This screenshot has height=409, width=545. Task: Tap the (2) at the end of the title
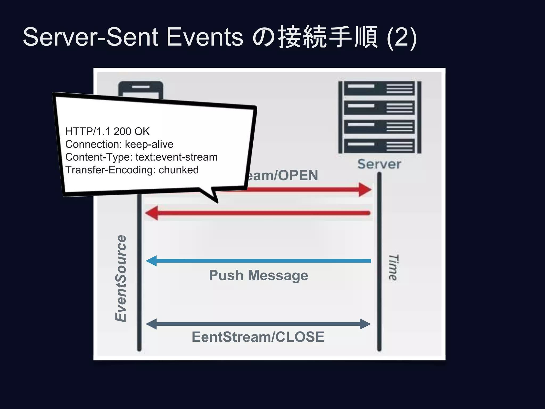[x=402, y=37]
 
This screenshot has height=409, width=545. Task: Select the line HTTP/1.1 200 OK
[x=107, y=131]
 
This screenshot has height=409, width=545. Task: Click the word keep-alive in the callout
[x=149, y=144]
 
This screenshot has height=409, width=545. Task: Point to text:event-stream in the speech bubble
[x=176, y=157]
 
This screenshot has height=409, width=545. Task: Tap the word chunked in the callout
[x=179, y=170]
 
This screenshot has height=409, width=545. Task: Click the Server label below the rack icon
[x=379, y=164]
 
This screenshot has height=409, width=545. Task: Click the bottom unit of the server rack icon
[x=379, y=146]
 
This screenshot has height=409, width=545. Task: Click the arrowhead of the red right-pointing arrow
[x=365, y=190]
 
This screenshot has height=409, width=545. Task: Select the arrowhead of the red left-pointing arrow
[x=152, y=213]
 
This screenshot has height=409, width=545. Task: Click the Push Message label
[x=258, y=275]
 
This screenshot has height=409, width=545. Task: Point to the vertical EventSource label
[x=121, y=278]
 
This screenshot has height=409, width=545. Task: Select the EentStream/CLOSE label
[x=258, y=337]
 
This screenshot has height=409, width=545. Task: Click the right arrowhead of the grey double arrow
[x=365, y=324]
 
